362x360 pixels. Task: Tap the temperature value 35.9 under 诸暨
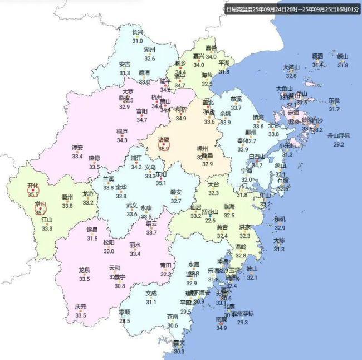163,149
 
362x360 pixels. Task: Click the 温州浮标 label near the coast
242,313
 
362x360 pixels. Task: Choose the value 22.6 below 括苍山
210,220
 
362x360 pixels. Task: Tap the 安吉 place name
125,64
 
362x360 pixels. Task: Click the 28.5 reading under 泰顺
125,320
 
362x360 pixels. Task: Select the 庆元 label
81,307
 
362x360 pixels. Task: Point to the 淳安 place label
77,148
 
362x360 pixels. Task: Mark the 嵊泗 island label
317,56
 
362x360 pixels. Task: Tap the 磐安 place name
176,192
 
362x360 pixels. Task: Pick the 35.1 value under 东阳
161,183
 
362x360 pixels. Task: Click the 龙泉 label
84,270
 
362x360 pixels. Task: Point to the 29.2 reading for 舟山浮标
338,144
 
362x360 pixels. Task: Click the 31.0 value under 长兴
138,41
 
